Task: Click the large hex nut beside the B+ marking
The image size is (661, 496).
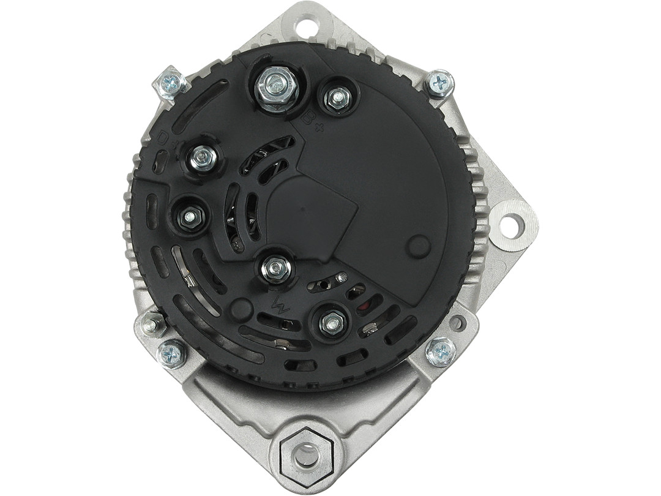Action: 276,89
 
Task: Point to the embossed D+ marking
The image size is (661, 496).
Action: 163,139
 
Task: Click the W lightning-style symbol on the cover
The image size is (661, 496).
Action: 281,304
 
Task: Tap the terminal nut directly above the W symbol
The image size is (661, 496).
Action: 276,267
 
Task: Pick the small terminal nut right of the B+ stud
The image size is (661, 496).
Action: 337,97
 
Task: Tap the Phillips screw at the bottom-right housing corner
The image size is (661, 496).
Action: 440,352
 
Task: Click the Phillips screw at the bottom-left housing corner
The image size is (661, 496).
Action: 171,353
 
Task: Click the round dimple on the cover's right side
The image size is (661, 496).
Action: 419,246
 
